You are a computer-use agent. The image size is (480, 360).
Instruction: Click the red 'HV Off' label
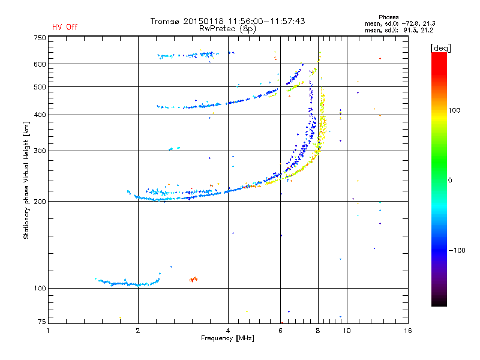[65, 27]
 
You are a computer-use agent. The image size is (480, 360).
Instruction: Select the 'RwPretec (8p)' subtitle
[228, 28]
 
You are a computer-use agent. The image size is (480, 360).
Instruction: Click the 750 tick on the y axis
[40, 38]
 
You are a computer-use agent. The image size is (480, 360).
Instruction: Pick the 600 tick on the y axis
[40, 64]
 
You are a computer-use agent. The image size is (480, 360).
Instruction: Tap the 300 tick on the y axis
[40, 151]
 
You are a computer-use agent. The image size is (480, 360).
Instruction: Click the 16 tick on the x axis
[407, 331]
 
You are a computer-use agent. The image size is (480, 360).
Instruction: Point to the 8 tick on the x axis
[318, 331]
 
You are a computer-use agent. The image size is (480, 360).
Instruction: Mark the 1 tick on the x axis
[48, 331]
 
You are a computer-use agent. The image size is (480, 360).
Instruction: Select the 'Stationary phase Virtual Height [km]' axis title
[26, 180]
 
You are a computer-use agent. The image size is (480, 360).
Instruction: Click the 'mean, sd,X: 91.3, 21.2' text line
[399, 30]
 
